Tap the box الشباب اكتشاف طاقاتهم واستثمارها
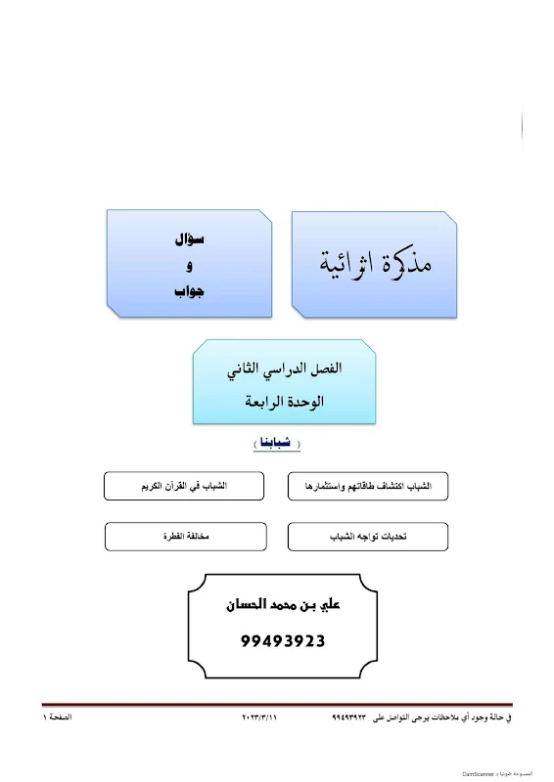click(x=367, y=485)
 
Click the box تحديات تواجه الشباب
click(x=367, y=537)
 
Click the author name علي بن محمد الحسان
click(x=282, y=606)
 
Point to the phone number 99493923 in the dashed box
click(x=282, y=641)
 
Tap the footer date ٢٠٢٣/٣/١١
click(x=260, y=718)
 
